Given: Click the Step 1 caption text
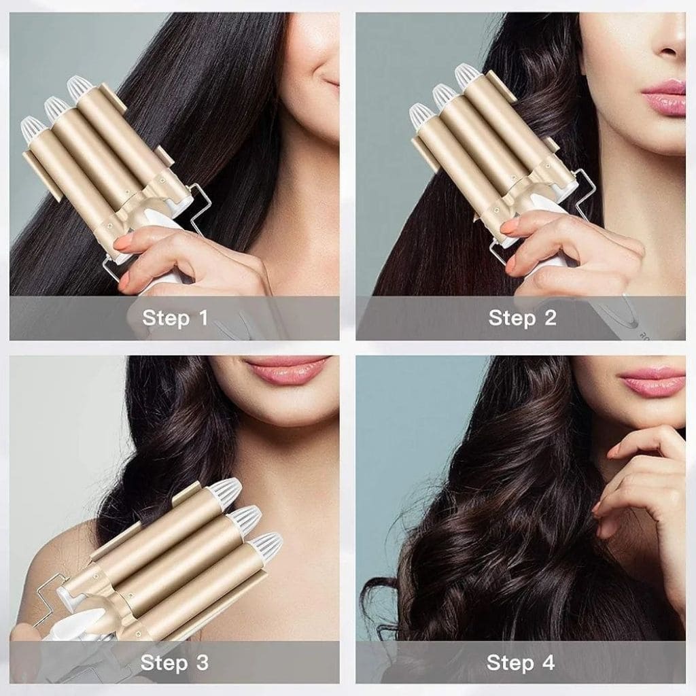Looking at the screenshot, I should coord(175,317).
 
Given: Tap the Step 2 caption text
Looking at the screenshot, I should coord(522,317).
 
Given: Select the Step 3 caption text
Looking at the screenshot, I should coord(175,662).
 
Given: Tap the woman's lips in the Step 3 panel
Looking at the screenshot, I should coord(286,370).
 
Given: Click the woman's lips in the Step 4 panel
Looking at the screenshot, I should coord(652,381).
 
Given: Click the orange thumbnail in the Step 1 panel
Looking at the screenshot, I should coord(123,241).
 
